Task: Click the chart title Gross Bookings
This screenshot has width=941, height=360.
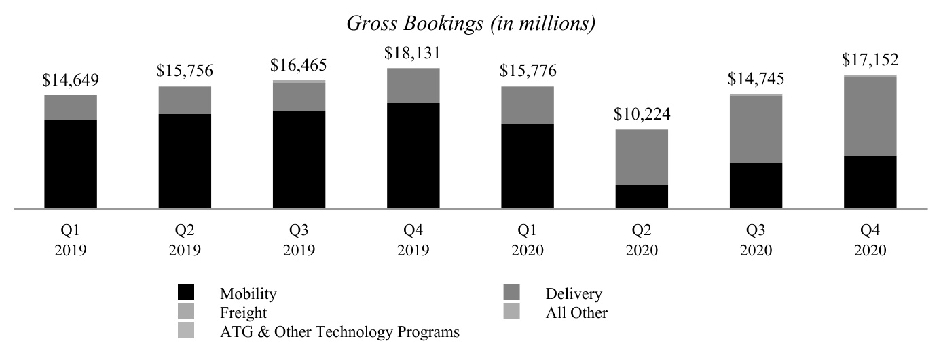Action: click(471, 23)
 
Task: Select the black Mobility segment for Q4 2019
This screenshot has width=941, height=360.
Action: click(413, 156)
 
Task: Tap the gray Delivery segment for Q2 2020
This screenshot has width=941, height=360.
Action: click(642, 158)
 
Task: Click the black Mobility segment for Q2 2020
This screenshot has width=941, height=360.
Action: click(642, 196)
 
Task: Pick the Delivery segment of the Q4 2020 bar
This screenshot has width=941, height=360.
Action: click(870, 117)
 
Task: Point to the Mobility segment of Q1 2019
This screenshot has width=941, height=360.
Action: click(71, 164)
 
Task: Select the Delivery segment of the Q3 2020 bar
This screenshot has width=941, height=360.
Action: click(756, 130)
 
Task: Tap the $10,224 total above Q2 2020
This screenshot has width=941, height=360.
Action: click(642, 115)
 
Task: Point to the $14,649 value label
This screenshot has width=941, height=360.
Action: click(71, 81)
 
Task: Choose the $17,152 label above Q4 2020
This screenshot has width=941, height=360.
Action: click(870, 60)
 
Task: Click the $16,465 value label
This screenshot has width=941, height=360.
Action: click(299, 66)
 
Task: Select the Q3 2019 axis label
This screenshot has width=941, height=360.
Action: click(299, 240)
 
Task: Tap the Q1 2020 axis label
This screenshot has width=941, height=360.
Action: click(527, 240)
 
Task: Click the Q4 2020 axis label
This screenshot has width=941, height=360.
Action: click(870, 240)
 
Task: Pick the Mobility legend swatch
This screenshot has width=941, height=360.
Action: click(185, 293)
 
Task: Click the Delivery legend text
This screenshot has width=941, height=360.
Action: click(573, 294)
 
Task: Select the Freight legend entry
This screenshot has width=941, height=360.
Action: click(243, 313)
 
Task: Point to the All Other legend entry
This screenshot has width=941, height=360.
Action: click(576, 313)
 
